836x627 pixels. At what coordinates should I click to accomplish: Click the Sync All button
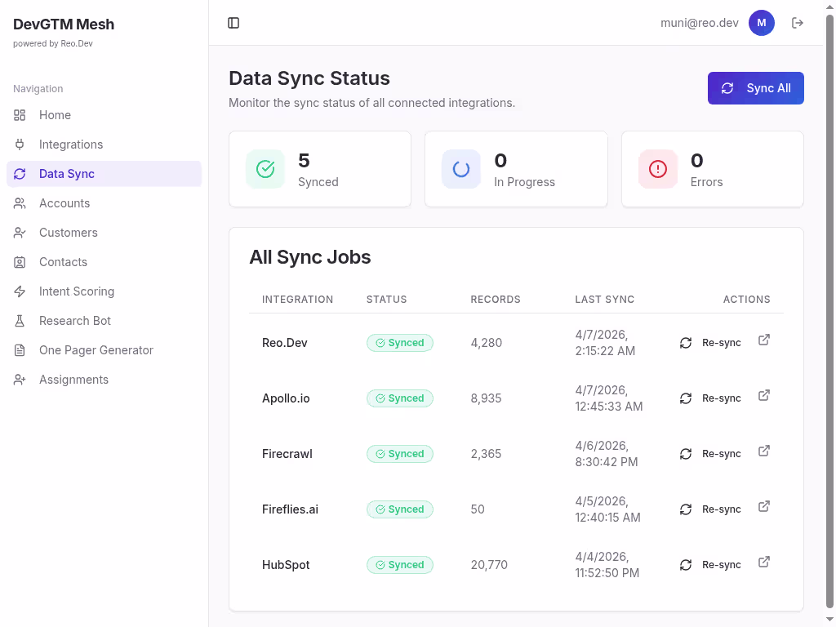click(755, 88)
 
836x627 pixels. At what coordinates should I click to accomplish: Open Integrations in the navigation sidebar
click(71, 145)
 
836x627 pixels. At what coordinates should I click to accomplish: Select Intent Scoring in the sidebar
click(76, 291)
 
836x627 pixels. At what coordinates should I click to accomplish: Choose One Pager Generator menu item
click(96, 350)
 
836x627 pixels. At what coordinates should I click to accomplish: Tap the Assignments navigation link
click(73, 380)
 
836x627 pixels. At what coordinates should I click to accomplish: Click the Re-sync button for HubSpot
click(711, 565)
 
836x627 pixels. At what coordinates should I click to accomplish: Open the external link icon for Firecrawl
click(764, 451)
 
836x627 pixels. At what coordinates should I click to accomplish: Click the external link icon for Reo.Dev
click(764, 340)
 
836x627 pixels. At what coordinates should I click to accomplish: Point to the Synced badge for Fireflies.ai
click(400, 509)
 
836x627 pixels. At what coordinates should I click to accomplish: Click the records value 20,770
click(489, 565)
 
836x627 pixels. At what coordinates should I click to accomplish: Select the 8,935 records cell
click(486, 398)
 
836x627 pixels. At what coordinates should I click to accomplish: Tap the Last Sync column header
click(604, 300)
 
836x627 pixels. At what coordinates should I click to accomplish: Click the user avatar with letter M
click(761, 23)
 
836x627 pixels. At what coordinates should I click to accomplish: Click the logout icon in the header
click(798, 23)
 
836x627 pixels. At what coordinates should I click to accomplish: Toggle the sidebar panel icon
click(233, 23)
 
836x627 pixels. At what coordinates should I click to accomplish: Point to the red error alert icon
click(657, 169)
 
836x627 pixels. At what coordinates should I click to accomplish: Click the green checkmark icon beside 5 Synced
click(265, 169)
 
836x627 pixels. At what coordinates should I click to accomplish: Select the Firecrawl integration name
click(287, 454)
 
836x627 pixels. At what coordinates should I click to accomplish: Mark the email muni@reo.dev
click(699, 23)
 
